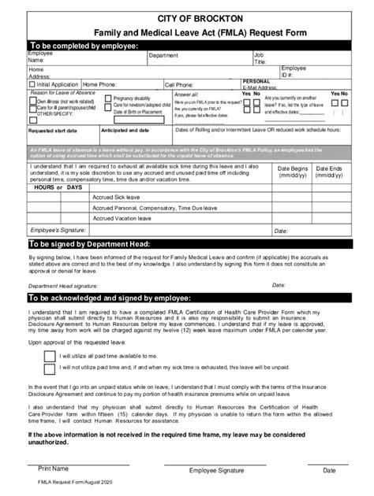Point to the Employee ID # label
[x=294, y=72]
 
